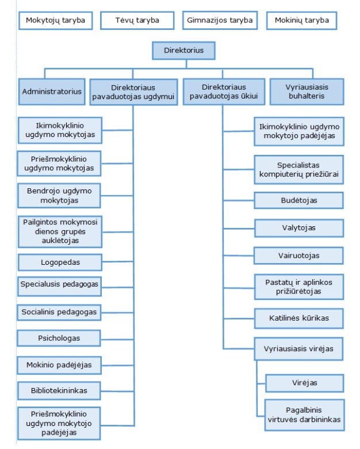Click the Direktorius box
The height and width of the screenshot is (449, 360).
pyautogui.click(x=183, y=51)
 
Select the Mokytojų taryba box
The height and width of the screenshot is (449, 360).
pyautogui.click(x=55, y=21)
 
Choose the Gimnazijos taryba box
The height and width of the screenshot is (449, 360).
pyautogui.click(x=220, y=21)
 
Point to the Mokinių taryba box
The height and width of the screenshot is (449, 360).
pyautogui.click(x=301, y=21)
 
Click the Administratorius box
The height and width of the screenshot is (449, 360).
pyautogui.click(x=52, y=91)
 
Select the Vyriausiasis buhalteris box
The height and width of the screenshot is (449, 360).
pyautogui.click(x=307, y=91)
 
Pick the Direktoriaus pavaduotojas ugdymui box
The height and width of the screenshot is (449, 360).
pyautogui.click(x=133, y=91)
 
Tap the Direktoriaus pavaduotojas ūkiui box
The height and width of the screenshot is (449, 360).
pyautogui.click(x=224, y=91)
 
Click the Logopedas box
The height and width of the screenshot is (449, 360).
pyautogui.click(x=60, y=262)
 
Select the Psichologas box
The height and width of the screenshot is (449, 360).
pyautogui.click(x=60, y=338)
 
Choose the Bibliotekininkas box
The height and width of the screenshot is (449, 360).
pyautogui.click(x=60, y=390)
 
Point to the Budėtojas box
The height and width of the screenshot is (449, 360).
pyautogui.click(x=299, y=200)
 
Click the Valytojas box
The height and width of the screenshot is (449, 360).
pyautogui.click(x=299, y=228)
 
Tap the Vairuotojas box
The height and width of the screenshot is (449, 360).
pyautogui.click(x=299, y=255)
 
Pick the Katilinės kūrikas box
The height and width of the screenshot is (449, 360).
pyautogui.click(x=299, y=317)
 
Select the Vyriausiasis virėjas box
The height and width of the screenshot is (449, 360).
pyautogui.click(x=299, y=349)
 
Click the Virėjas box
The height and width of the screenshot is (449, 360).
pyautogui.click(x=304, y=383)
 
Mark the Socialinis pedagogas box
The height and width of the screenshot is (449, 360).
pyautogui.click(x=60, y=312)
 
